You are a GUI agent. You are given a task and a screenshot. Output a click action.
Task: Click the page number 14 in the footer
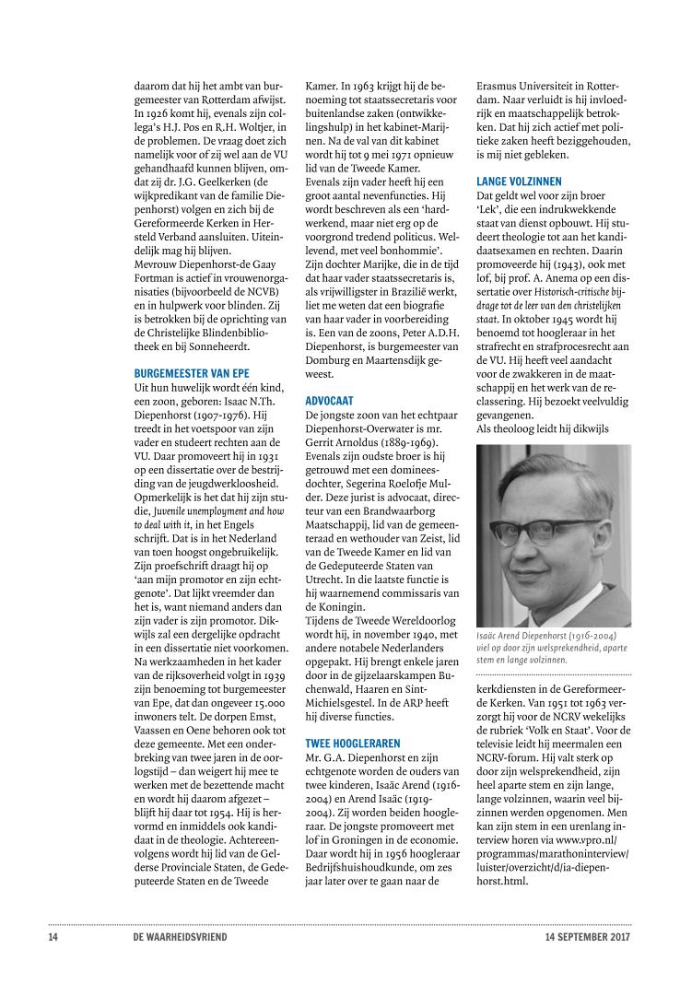point(53,939)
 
